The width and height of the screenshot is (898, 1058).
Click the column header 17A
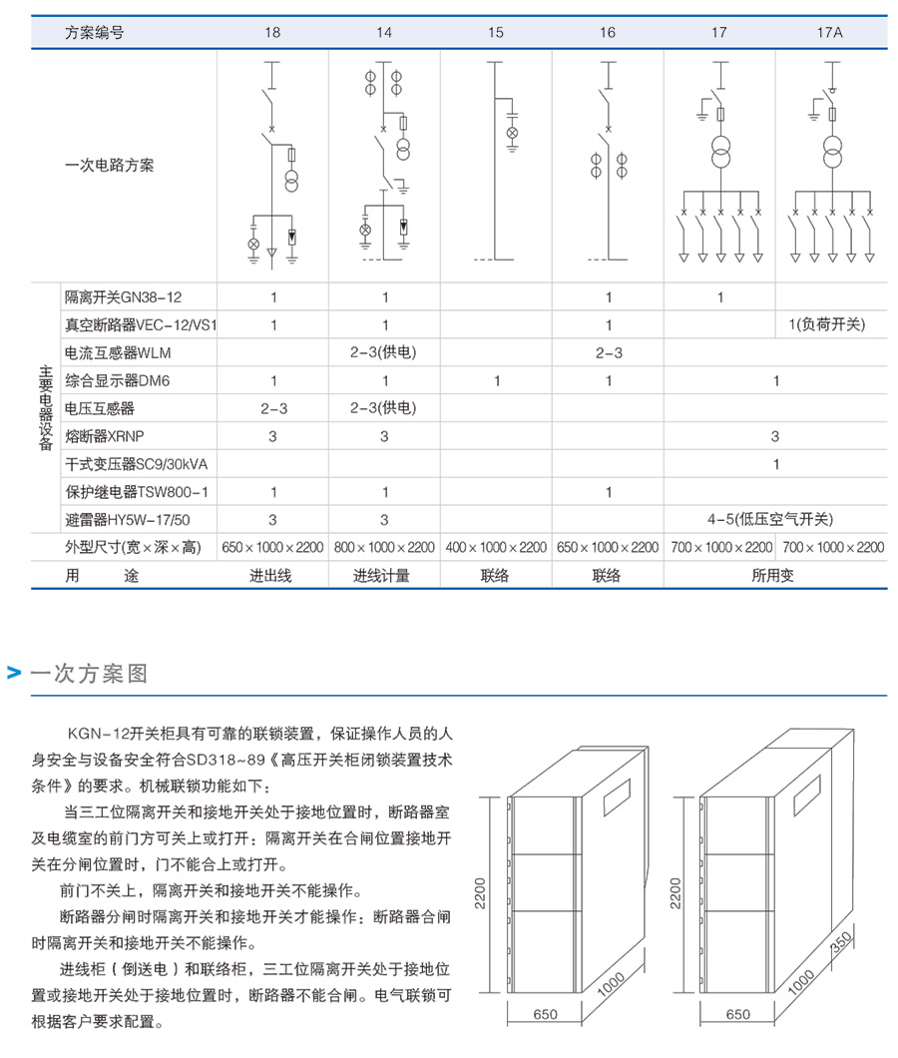830,32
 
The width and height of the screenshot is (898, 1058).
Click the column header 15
496,32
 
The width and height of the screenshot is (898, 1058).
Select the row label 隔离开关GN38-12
124,297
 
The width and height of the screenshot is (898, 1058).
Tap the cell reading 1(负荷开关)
830,325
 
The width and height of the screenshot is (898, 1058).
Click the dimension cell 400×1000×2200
496,547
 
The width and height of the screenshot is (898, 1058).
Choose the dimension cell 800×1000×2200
384,547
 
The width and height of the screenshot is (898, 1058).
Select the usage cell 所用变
774,576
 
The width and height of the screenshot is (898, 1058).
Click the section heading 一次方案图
89,674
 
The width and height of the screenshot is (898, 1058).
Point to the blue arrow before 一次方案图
14,674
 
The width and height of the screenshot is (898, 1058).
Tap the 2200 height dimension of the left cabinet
481,893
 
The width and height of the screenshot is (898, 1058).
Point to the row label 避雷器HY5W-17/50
128,519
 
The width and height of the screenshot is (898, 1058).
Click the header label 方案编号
95,32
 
